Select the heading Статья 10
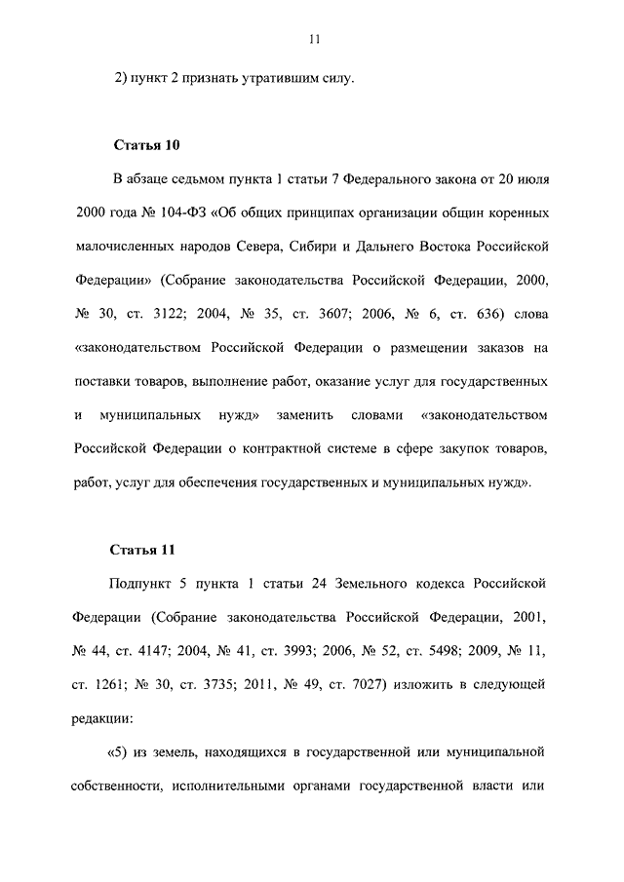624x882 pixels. (x=147, y=145)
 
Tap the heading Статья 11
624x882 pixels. (x=146, y=549)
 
